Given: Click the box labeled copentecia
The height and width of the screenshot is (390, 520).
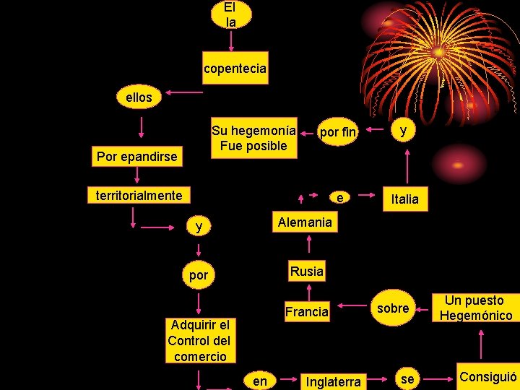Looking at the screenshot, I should tap(235, 69).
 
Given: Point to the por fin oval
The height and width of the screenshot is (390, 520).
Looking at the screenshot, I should tap(338, 132).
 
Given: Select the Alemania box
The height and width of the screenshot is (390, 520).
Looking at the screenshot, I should tap(305, 222).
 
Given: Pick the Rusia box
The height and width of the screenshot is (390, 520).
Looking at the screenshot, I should tap(306, 272).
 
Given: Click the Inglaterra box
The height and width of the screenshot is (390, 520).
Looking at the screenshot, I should tap(333, 381).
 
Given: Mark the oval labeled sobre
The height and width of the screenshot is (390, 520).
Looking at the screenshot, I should tap(394, 308).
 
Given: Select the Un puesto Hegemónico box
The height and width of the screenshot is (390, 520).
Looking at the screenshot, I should tap(475, 308).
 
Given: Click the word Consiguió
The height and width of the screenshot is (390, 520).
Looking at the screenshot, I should tap(488, 376).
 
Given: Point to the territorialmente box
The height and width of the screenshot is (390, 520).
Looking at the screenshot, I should tap(139, 195).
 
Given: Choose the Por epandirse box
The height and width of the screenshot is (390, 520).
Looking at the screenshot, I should tap(137, 156).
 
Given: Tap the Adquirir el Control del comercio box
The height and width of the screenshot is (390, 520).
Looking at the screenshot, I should tap(199, 340).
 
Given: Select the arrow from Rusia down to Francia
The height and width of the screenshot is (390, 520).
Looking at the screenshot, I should tap(307, 290).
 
